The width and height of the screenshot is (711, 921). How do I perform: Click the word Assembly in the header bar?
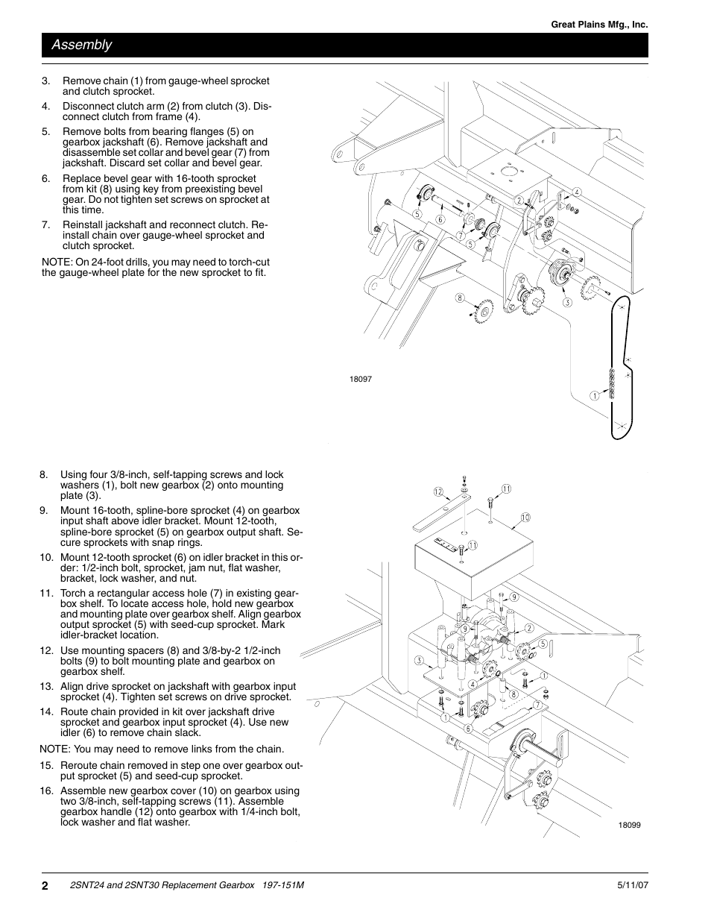point(82,45)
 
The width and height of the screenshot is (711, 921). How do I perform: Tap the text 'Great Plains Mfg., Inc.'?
point(599,25)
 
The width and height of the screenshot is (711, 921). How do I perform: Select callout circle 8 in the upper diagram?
point(461,298)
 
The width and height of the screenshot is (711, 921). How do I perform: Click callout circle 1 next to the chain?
point(595,396)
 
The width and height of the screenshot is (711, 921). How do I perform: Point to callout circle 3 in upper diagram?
point(567,302)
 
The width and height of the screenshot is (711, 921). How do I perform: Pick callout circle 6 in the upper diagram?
point(440,220)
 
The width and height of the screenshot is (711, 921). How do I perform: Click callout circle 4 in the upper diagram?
point(576,192)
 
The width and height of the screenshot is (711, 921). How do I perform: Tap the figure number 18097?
point(360,379)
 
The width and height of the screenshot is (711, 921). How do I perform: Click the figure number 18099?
point(628,825)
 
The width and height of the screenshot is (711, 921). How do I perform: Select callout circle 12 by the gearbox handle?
point(439,491)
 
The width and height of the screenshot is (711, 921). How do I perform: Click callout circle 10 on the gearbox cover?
point(525,518)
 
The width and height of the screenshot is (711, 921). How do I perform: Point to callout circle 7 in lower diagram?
point(537,704)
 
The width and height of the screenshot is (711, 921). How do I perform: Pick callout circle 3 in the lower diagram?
point(420,661)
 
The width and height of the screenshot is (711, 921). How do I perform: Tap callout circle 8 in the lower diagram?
point(513,694)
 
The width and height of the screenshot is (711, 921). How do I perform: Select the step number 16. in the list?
point(46,791)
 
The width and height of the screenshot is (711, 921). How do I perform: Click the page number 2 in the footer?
point(45,885)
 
